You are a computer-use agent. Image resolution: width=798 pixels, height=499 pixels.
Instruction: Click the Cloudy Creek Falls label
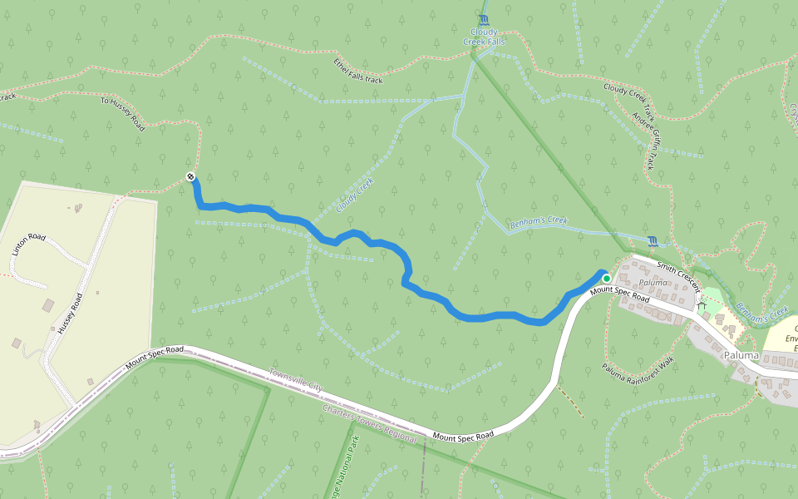483,37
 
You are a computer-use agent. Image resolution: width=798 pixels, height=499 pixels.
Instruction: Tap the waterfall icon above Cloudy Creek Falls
484,19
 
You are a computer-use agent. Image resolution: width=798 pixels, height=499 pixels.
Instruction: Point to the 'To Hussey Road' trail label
122,113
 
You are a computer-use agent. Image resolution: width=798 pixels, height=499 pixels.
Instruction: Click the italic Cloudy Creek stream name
355,195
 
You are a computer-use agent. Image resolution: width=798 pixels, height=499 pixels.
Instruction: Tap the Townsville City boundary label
294,382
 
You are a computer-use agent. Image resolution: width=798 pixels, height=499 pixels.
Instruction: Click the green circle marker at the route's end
607,278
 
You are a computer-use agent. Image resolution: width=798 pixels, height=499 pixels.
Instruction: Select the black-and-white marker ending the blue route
191,176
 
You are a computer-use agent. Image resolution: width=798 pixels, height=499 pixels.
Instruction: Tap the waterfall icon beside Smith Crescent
653,242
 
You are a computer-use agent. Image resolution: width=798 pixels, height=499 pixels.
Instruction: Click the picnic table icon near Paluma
701,305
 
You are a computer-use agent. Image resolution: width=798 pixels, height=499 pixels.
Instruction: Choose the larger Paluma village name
741,355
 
